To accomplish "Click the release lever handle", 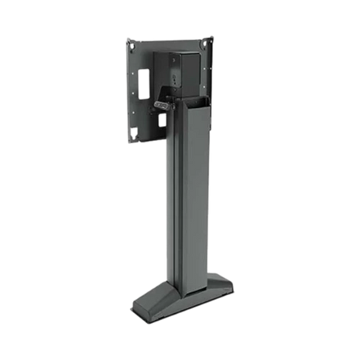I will tap(161, 103).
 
